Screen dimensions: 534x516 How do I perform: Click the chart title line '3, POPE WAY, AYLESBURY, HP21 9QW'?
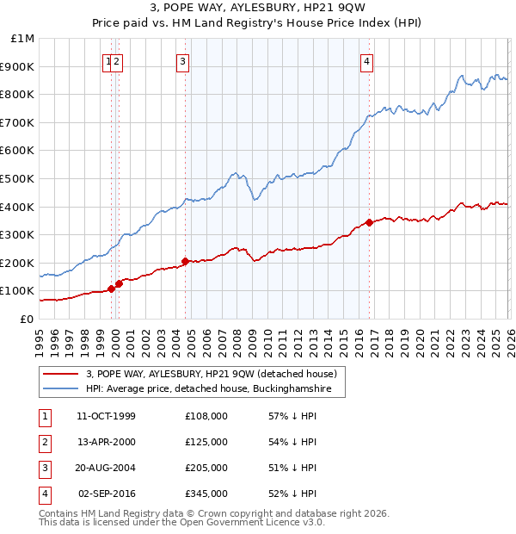258,9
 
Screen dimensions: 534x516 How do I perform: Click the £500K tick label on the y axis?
19,178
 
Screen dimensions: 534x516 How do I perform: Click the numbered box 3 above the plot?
183,61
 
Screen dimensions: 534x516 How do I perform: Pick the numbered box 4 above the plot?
366,61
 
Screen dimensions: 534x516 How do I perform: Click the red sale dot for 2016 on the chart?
369,222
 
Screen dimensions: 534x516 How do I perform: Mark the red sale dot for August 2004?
185,261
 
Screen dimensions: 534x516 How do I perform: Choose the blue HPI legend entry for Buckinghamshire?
215,389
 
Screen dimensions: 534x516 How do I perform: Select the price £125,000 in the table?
206,442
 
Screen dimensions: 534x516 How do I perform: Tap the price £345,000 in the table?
206,494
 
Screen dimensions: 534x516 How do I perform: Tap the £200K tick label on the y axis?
19,263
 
